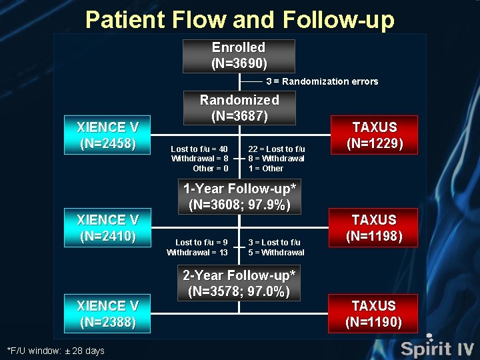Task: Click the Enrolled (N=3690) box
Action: coord(239,56)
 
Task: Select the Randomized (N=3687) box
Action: coord(239,108)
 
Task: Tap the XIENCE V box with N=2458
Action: coord(107,135)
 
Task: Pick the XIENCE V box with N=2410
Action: coord(107,227)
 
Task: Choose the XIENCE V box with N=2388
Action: coord(107,313)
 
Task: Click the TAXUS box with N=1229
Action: coord(374,135)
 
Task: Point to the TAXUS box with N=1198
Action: coord(374,227)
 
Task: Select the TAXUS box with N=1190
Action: coord(374,313)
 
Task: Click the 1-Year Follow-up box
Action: coord(239,197)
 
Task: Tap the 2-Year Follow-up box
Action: coord(239,283)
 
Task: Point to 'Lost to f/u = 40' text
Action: coord(199,149)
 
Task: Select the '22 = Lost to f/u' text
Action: coord(276,149)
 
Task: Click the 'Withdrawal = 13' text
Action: coord(197,253)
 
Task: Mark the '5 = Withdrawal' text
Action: coord(276,253)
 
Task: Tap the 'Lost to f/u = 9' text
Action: coord(201,242)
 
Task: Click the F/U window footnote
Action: coord(55,351)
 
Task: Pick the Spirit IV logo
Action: coord(437,347)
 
